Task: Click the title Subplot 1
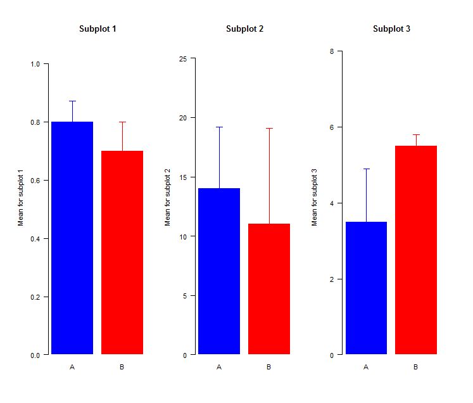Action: (x=97, y=29)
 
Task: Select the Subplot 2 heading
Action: (x=244, y=29)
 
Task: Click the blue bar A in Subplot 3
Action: (x=366, y=288)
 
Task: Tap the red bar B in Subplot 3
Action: (x=416, y=250)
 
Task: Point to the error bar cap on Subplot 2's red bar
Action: (x=269, y=129)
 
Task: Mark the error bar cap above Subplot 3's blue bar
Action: (x=366, y=169)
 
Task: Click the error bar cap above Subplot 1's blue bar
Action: (x=72, y=101)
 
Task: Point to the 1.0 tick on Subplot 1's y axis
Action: (x=35, y=64)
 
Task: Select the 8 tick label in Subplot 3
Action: (x=332, y=51)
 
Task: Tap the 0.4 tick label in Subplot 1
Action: (x=35, y=239)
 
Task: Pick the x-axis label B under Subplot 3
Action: (x=416, y=367)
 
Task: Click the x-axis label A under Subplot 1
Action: (x=72, y=367)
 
